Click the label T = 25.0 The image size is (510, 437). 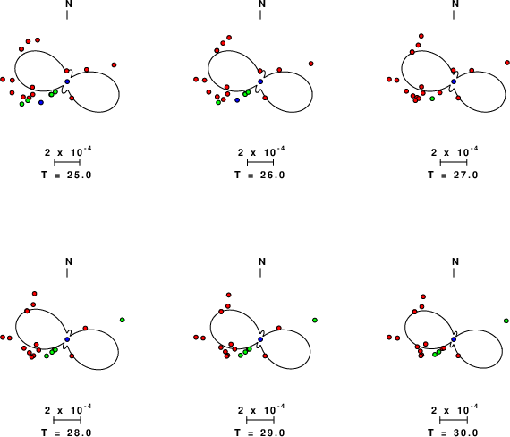[67, 175]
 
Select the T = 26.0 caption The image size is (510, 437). [259, 175]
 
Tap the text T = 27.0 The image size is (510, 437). [453, 175]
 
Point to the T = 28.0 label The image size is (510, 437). [67, 433]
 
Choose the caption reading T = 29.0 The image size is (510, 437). [259, 433]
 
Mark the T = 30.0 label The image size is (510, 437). [453, 433]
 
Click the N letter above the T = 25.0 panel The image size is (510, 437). [69, 4]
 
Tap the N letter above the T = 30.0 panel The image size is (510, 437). [455, 261]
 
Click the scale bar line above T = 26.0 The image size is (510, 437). [260, 162]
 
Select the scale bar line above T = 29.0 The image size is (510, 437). [260, 420]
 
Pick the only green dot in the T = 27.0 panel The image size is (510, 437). [432, 99]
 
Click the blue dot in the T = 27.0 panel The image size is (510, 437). [454, 81]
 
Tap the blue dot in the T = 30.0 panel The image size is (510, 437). [454, 339]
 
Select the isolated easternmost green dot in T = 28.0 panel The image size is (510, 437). [122, 320]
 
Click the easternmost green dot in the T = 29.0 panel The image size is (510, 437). [315, 320]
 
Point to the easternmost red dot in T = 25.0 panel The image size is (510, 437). [114, 64]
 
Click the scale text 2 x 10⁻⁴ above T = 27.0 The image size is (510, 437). [455, 151]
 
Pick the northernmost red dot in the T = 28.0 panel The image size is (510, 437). [35, 294]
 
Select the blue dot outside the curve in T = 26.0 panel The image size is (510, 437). [237, 100]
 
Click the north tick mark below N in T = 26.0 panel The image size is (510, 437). [260, 15]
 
